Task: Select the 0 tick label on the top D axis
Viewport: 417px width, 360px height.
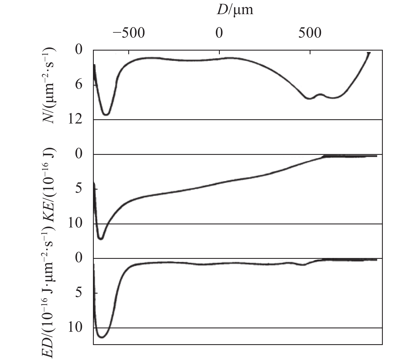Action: pos(220,34)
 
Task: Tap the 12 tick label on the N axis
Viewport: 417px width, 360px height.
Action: pos(75,120)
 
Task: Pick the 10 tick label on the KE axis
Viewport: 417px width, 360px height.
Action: pos(75,224)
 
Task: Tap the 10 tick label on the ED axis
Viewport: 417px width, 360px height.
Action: pos(75,328)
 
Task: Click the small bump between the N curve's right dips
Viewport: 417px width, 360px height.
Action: pos(320,94)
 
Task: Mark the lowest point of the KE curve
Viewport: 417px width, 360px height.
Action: pos(101,239)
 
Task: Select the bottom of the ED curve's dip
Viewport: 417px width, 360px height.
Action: pos(102,337)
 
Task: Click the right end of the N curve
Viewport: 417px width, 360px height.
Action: pos(369,53)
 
